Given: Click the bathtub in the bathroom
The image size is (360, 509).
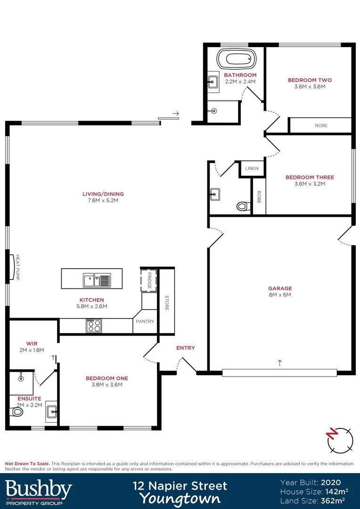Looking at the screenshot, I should coord(236,60).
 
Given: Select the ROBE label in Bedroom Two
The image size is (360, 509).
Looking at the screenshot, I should coord(321,125).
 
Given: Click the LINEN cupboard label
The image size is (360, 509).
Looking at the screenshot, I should coord(252,169).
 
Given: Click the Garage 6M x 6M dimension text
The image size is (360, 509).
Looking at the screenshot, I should coord(280,295).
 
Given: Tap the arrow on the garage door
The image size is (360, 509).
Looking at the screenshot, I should coord(280,363).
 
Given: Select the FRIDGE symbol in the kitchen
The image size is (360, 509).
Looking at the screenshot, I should coord(149,281).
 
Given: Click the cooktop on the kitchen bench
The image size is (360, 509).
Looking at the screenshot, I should coord(93,326).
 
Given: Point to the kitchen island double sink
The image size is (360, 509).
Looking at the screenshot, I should coord(97,281).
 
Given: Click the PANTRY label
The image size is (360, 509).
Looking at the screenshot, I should coord(145,321).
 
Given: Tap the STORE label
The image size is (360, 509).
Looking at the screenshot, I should coord(166,303).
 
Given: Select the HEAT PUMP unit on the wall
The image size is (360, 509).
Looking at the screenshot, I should coord(12,267).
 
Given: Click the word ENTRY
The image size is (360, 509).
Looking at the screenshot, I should coord(185,348).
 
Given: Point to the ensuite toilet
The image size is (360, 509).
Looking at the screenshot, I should coord(17,412).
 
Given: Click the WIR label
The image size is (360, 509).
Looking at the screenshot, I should coord(32,344).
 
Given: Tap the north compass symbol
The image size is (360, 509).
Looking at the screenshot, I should coord(339,439).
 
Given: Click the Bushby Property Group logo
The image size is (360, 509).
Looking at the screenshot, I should coord(39,491).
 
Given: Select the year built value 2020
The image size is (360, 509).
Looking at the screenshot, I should coord(331,483).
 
